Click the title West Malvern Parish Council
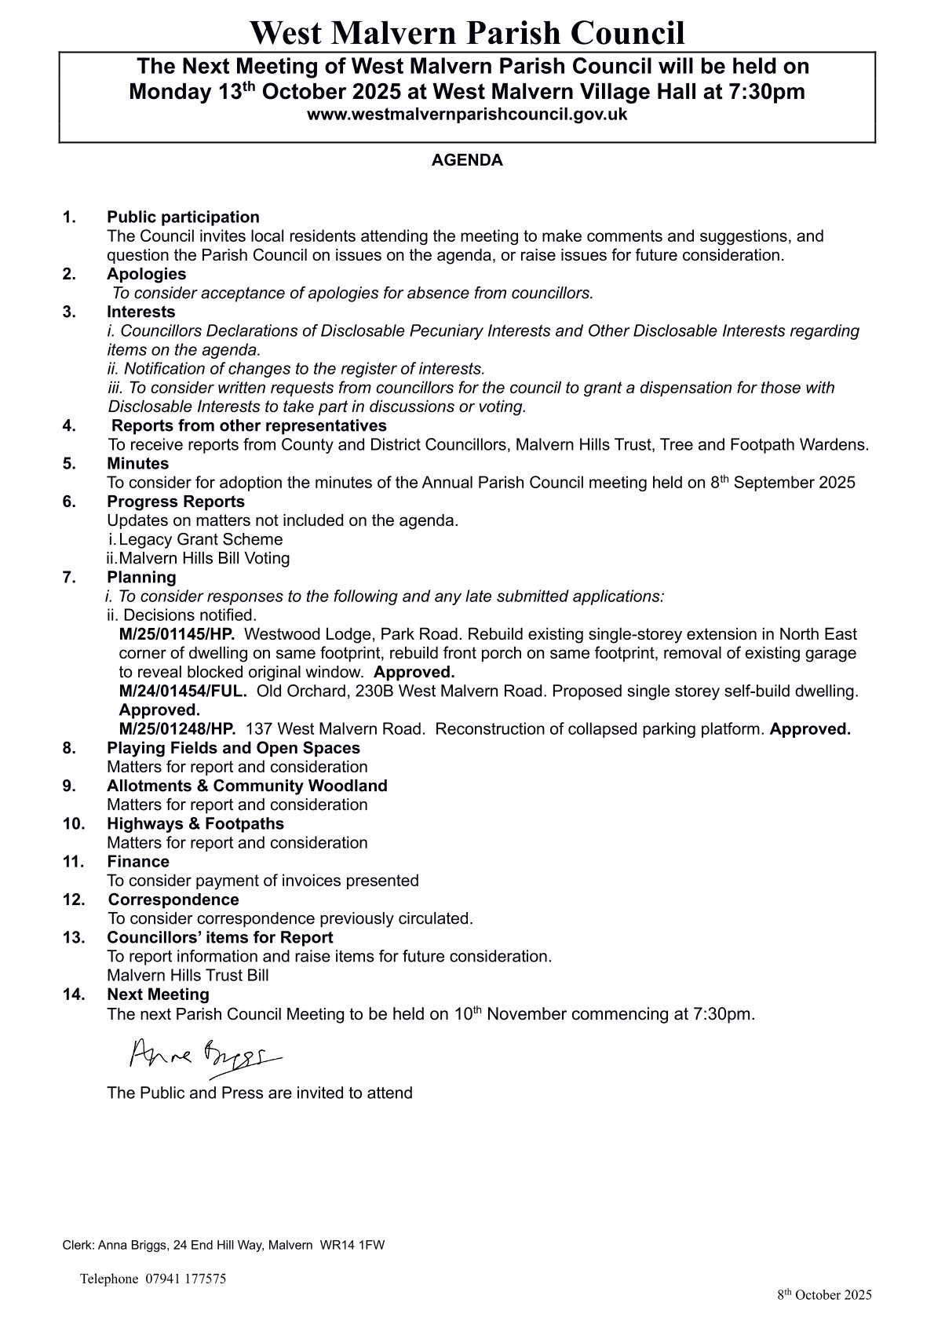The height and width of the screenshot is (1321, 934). click(467, 34)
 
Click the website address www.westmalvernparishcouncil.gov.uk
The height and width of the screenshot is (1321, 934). click(467, 115)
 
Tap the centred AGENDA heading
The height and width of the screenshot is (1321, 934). click(467, 161)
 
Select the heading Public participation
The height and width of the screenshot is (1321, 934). click(183, 217)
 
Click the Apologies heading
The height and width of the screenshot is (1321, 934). click(147, 274)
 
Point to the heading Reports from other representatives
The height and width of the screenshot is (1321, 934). click(249, 425)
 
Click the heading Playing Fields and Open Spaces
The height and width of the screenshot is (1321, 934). click(233, 748)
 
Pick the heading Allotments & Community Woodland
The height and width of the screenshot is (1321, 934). click(247, 786)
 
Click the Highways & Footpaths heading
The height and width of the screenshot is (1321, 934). click(195, 823)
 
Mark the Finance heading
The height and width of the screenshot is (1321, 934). click(138, 861)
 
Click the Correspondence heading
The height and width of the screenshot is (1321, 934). click(173, 900)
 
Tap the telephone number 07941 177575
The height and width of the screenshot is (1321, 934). click(185, 1279)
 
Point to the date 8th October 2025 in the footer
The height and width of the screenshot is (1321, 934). click(824, 1295)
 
